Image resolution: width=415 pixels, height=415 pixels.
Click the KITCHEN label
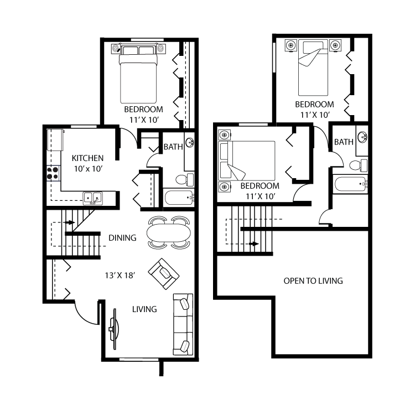tap(88, 158)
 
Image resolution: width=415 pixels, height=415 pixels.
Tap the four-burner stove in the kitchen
tap(53, 173)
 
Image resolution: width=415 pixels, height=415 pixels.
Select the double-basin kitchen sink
tap(92, 197)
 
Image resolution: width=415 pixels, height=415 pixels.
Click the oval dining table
tap(169, 232)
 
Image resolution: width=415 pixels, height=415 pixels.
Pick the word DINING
tap(122, 238)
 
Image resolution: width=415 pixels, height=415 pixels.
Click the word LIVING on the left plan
tap(144, 309)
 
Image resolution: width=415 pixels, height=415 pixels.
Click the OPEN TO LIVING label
tap(313, 281)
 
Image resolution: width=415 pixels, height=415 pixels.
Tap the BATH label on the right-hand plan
tap(343, 142)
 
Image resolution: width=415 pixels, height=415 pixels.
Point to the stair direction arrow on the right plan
tap(254, 243)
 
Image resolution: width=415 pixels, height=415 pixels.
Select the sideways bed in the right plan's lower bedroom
tap(247, 160)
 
